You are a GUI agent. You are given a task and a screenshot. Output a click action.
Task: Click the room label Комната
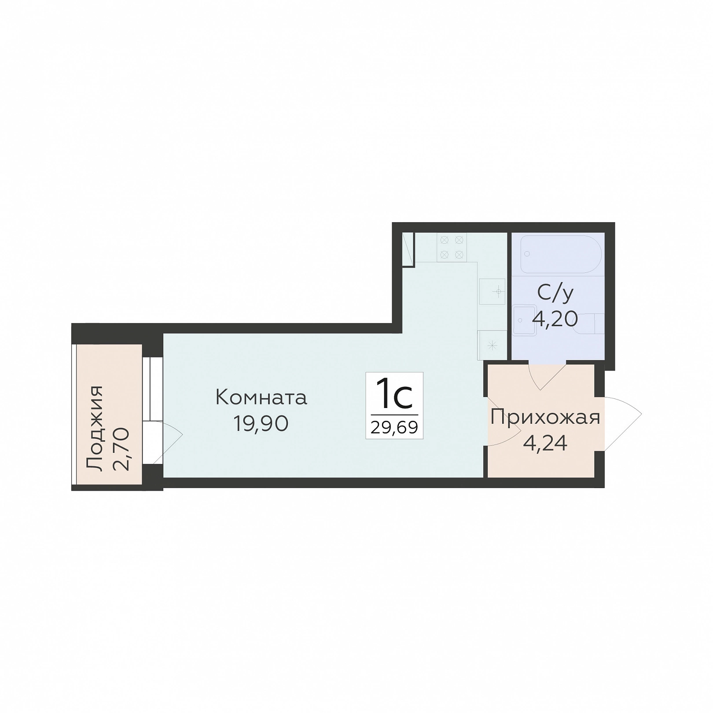pyautogui.click(x=261, y=398)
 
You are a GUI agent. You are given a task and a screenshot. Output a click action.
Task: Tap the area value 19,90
pyautogui.click(x=261, y=424)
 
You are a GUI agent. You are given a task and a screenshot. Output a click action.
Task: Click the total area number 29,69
pyautogui.click(x=394, y=426)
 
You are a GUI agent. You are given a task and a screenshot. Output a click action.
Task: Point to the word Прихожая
pyautogui.click(x=545, y=417)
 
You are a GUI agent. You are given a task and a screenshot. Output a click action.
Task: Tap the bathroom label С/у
pyautogui.click(x=555, y=293)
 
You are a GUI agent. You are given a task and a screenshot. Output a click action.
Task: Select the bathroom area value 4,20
pyautogui.click(x=555, y=319)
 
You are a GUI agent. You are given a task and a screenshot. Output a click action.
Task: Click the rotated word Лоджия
pyautogui.click(x=95, y=429)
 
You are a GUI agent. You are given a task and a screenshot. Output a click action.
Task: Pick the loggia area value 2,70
pyautogui.click(x=121, y=449)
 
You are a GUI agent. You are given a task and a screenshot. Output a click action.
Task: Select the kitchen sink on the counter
pyautogui.click(x=492, y=291)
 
